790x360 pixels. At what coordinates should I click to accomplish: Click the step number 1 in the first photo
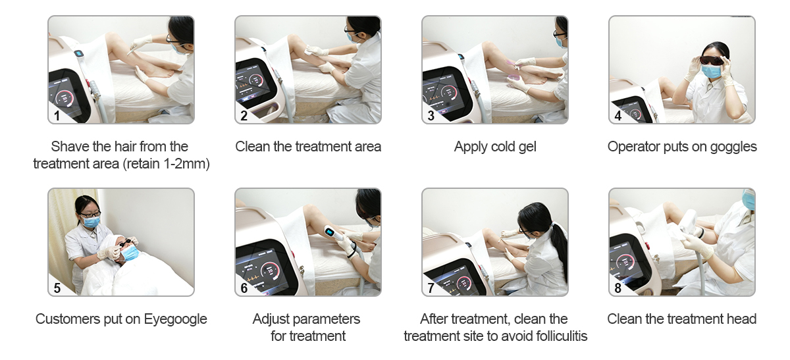[x=57, y=116]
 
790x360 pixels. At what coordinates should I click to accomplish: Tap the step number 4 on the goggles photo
[x=618, y=116]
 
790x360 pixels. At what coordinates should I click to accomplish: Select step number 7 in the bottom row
[x=431, y=288]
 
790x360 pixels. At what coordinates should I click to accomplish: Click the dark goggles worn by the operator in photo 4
[x=712, y=61]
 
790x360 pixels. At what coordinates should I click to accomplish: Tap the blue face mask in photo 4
[x=711, y=72]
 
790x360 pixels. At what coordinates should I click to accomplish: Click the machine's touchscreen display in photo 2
[x=254, y=84]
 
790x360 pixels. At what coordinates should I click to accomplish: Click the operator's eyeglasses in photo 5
[x=90, y=214]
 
